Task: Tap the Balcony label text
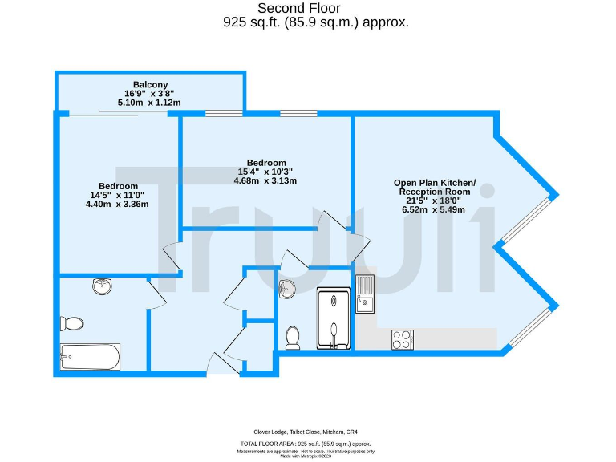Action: [x=150, y=84]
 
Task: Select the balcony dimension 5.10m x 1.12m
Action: [x=149, y=103]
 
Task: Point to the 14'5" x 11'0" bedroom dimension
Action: [x=118, y=195]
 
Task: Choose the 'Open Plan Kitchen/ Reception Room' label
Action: [x=434, y=187]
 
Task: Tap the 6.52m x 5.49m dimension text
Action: [x=434, y=209]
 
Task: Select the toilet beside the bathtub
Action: [x=71, y=323]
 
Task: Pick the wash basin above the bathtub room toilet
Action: [x=102, y=286]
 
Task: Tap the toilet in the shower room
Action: [x=293, y=338]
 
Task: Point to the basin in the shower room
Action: [x=287, y=289]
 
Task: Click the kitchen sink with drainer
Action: [x=365, y=292]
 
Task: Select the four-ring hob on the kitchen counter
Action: [x=402, y=339]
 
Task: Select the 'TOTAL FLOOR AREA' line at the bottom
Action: [x=306, y=444]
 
